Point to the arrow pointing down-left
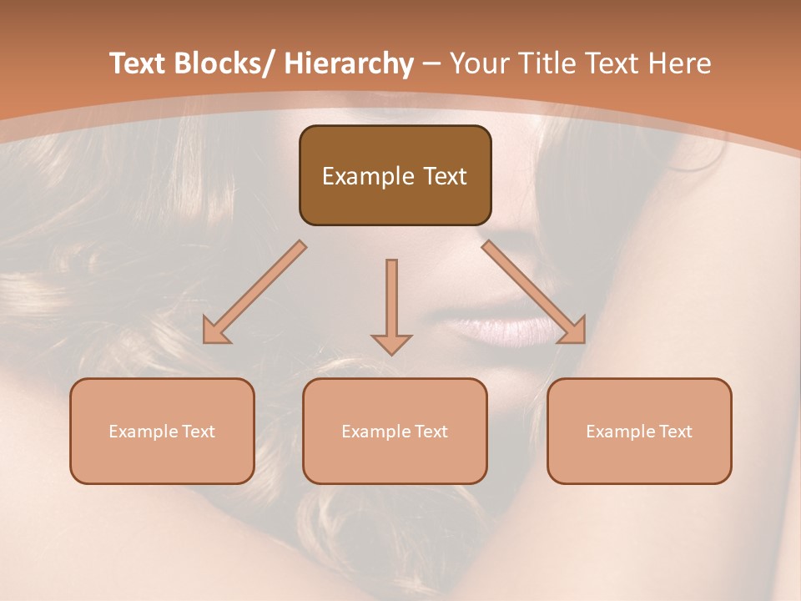click(254, 293)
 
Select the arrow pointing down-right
click(534, 293)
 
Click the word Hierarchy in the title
click(348, 63)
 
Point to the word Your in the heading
click(479, 63)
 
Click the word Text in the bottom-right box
click(675, 432)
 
